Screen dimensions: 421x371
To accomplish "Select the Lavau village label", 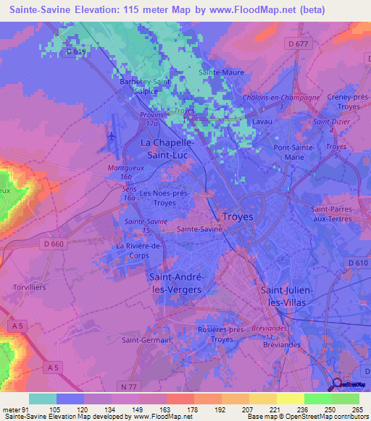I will [x=262, y=122].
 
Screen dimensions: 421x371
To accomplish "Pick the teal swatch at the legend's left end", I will [x=43, y=399].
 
